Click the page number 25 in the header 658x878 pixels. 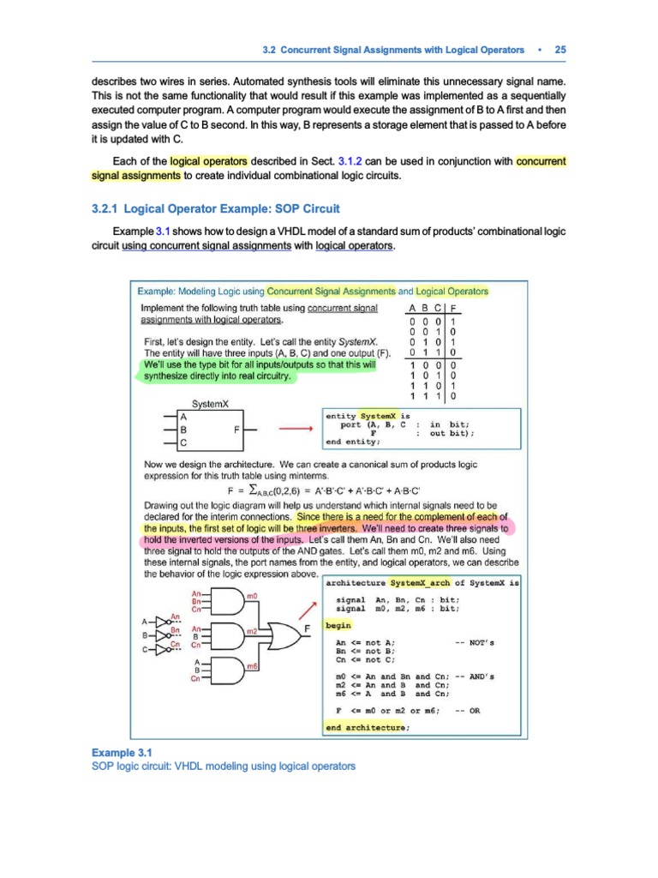click(x=560, y=50)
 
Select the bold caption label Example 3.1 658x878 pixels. click(x=121, y=752)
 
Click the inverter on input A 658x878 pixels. click(x=157, y=621)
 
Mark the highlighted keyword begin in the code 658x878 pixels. click(x=339, y=626)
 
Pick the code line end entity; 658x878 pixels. click(x=356, y=442)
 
